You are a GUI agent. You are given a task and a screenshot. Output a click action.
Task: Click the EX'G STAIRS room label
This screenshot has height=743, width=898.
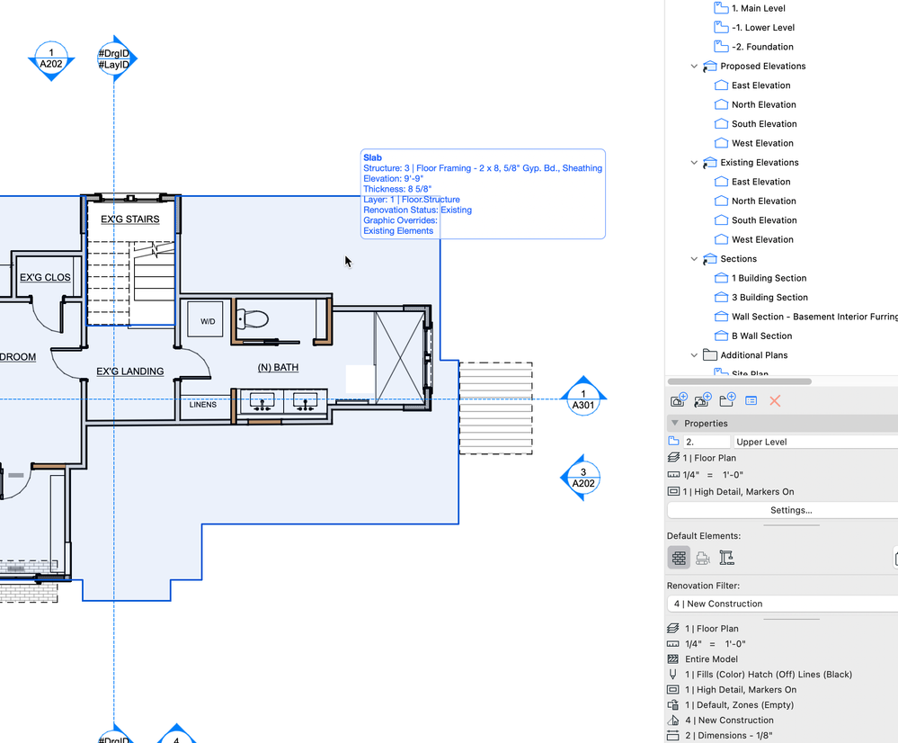coord(130,219)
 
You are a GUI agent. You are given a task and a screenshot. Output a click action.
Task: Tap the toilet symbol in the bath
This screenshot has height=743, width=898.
coord(253,318)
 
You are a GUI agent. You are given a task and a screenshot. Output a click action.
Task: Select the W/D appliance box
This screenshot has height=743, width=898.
coord(206,321)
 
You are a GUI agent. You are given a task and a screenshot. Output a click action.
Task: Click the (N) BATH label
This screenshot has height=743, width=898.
coord(278,368)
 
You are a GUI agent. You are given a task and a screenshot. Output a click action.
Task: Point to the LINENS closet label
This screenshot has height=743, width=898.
coord(203,404)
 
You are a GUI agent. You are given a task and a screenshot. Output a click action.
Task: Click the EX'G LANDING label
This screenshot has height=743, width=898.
coord(130,371)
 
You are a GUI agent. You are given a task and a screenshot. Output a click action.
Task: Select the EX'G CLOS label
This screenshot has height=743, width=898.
coord(45,277)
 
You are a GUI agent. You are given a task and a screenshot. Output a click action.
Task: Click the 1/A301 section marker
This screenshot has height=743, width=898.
coord(583,398)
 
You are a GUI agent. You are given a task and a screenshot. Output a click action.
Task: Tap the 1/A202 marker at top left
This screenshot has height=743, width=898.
coord(51,58)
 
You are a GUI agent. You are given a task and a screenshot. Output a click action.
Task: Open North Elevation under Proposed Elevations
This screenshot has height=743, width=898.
coord(763,104)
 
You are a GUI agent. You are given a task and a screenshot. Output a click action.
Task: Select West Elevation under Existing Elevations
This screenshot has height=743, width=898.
coord(762,239)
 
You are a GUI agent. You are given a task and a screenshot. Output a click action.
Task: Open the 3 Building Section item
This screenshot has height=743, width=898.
coord(769,298)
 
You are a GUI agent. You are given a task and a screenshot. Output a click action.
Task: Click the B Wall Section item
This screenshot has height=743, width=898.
coord(761,336)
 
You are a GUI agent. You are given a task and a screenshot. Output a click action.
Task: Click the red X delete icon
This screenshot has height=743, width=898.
coord(775,401)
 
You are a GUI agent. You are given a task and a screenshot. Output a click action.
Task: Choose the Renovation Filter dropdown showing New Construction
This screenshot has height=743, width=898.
coord(782,604)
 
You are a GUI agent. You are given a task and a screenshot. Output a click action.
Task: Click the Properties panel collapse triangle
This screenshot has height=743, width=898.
coord(675,423)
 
